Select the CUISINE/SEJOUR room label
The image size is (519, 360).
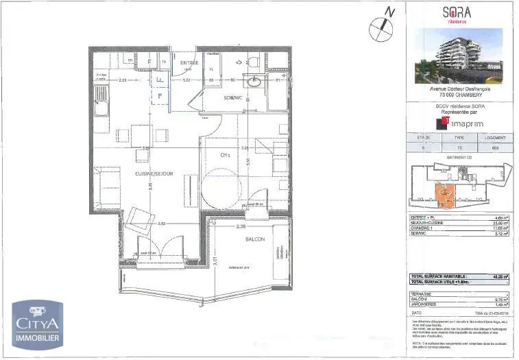[x=155, y=173]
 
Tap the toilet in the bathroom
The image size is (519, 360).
[x=251, y=62]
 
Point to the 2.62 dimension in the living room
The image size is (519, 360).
[x=161, y=224]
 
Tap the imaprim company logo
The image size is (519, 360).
[x=461, y=123]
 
